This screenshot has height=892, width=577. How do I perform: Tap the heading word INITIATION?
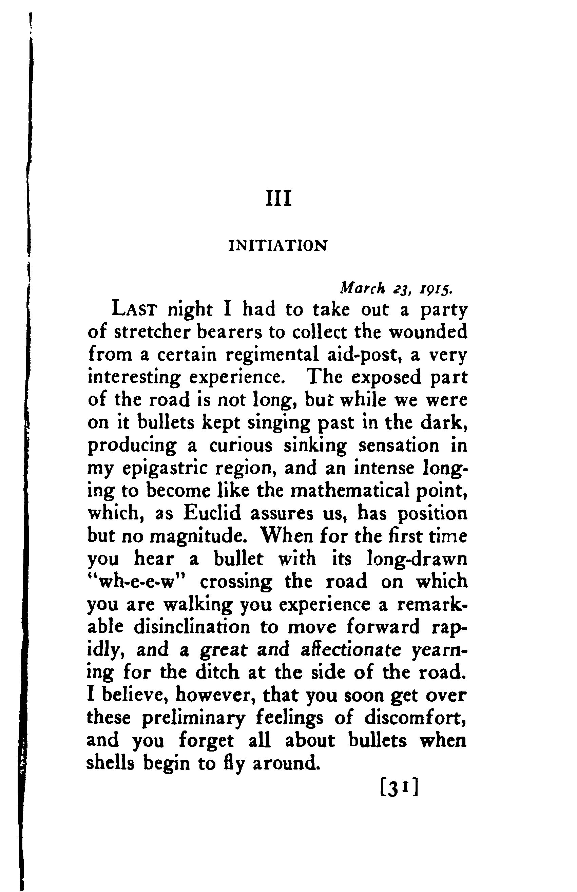[278, 246]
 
